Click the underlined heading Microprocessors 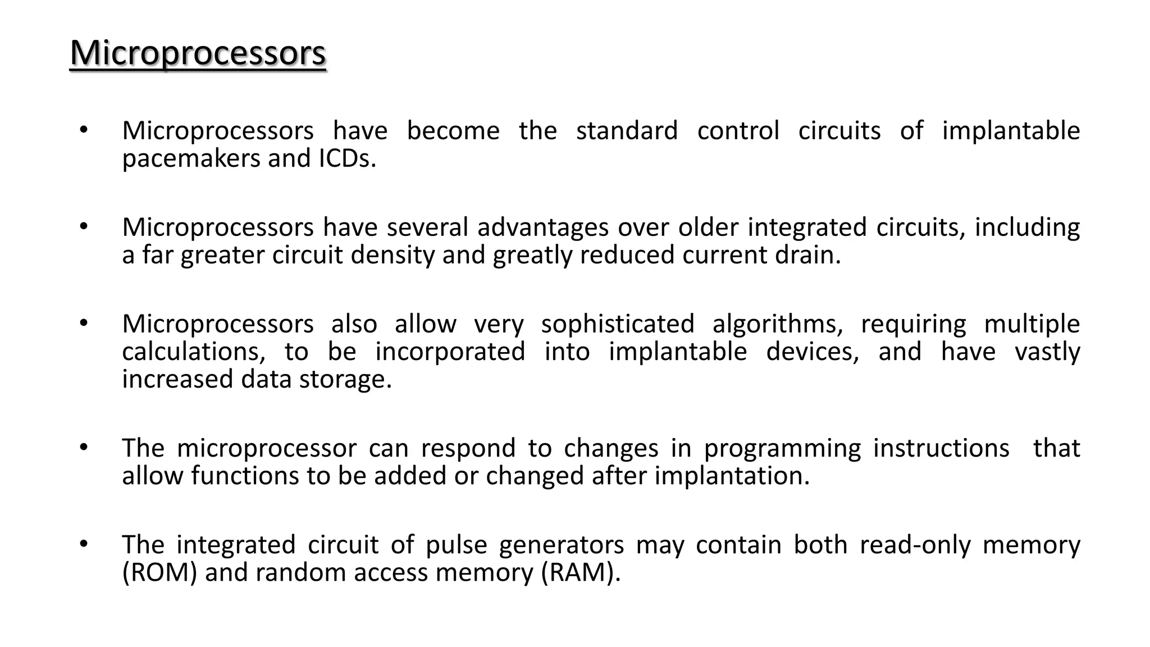click(198, 54)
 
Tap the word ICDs click(347, 159)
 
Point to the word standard click(627, 131)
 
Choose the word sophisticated click(618, 324)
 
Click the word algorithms click(778, 324)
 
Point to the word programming click(782, 449)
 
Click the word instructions click(941, 449)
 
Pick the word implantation click(732, 476)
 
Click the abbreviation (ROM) click(159, 573)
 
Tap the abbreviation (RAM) click(581, 573)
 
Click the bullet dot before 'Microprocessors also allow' click(84, 323)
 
